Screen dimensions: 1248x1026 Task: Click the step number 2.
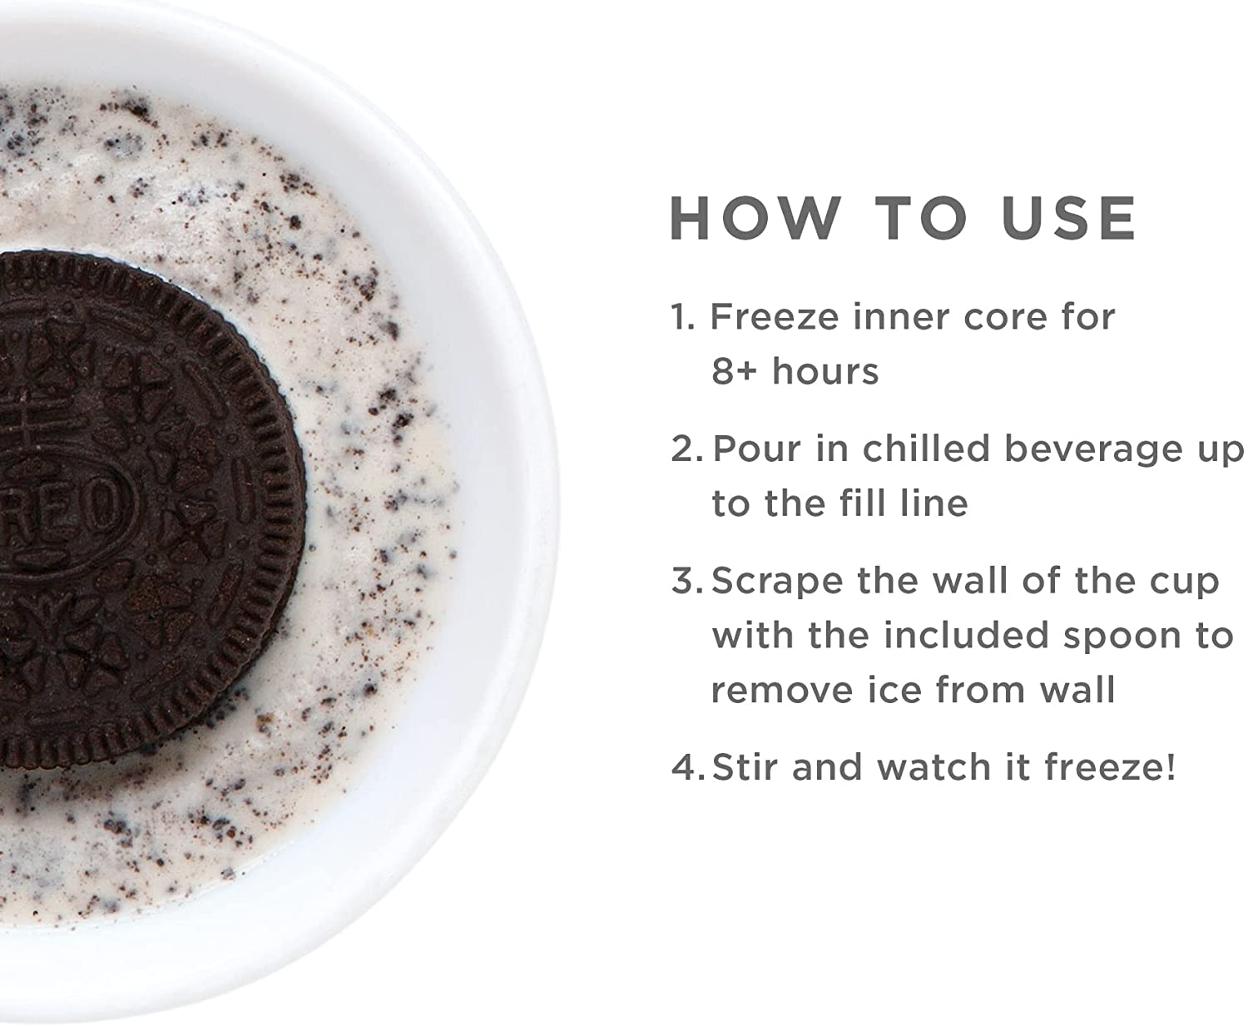(686, 449)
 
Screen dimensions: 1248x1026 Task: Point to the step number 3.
(686, 581)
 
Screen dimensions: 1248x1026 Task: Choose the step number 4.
(687, 767)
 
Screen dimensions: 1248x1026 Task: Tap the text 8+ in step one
(734, 372)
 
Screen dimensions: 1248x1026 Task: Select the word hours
(825, 372)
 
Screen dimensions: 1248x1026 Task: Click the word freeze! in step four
(1110, 767)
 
